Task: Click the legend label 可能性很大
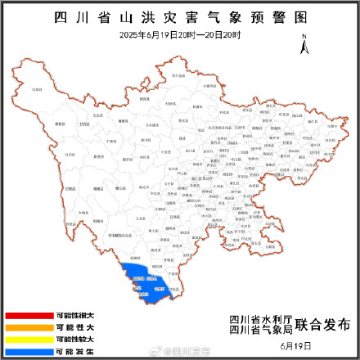74,315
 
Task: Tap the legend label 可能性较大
74,338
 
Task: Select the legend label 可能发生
74,349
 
